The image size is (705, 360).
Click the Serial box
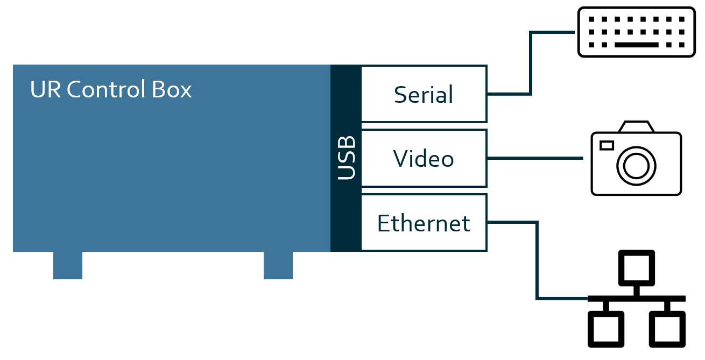[x=424, y=94]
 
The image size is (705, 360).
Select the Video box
[x=424, y=158]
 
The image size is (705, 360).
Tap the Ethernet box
[x=424, y=222]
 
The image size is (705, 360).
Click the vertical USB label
[x=346, y=158]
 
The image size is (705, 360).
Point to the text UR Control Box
[x=111, y=89]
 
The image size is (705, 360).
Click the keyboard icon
[x=636, y=32]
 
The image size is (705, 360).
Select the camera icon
[x=636, y=159]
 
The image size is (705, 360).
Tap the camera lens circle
[x=636, y=165]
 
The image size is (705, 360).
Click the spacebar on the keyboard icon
[x=636, y=45]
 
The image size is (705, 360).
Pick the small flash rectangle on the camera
[x=607, y=145]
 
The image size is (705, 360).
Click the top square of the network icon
[x=636, y=267]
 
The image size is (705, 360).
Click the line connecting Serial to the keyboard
[x=531, y=65]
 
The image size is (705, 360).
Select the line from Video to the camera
[x=535, y=159]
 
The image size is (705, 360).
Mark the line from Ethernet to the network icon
[x=537, y=264]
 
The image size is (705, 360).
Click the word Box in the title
[x=173, y=89]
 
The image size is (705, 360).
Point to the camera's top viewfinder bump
[x=636, y=127]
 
